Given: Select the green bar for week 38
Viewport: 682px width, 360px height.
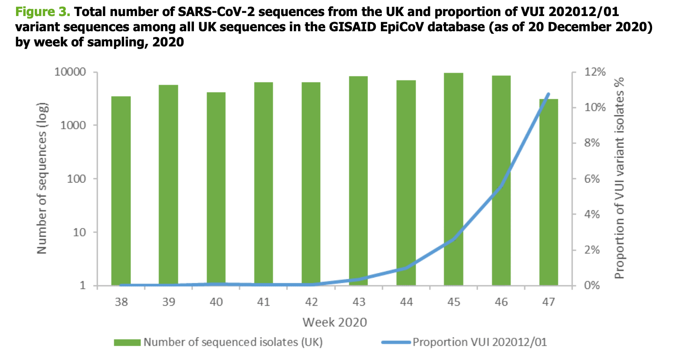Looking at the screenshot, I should [121, 191].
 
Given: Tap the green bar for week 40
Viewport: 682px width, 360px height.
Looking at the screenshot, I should [216, 189].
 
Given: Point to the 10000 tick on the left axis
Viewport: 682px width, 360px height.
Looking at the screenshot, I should [70, 72].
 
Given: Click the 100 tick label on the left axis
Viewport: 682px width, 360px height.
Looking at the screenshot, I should [76, 179].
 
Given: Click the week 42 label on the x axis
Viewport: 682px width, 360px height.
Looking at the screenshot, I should [311, 302].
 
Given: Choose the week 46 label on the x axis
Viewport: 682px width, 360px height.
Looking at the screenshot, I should [501, 302].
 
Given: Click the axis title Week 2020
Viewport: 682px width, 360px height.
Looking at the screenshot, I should [334, 322].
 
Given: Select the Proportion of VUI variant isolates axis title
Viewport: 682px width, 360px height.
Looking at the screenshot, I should [619, 178].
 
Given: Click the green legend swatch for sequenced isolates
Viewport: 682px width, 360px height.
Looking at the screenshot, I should [127, 343].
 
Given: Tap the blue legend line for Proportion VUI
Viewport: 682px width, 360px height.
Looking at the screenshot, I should [396, 343].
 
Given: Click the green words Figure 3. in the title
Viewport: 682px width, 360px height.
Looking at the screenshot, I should [43, 12].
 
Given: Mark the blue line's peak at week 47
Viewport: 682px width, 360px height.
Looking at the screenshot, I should [548, 94].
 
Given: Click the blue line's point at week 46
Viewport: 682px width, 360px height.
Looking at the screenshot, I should [501, 187].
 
